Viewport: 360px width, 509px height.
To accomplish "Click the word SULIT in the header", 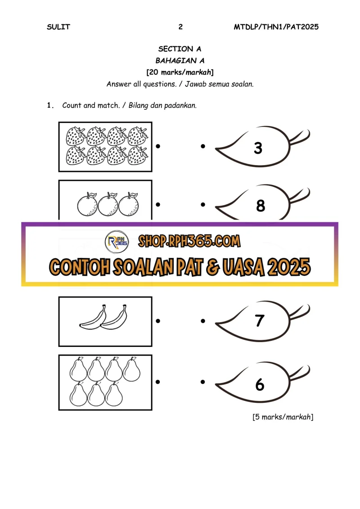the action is coord(58,27).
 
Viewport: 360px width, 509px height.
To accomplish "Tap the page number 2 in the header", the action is coord(180,27).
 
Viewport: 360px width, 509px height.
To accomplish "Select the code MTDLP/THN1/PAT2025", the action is coord(276,27).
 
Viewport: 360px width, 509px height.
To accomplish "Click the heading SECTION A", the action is coord(180,49).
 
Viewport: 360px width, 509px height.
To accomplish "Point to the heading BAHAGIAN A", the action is coord(180,61).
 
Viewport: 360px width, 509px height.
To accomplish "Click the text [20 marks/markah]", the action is coord(180,72).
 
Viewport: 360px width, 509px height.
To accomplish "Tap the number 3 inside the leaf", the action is coord(258,148).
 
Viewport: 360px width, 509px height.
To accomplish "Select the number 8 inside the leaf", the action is coord(261,206).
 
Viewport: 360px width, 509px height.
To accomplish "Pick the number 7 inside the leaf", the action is coord(259,321).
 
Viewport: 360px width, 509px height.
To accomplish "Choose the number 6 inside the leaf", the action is coord(260,385).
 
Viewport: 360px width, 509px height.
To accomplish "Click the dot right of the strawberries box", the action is coord(158,146).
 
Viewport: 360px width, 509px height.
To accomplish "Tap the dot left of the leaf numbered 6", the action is coord(203,382).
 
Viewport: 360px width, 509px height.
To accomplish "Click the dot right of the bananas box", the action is coord(158,321).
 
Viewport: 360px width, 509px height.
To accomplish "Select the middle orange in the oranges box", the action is coord(108,204).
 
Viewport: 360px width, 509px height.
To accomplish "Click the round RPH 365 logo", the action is coord(117,242).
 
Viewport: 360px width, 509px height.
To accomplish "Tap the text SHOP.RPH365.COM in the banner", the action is coord(189,241).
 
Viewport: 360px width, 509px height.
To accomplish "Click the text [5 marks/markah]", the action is coord(283,417).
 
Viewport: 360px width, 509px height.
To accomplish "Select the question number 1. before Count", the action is coord(50,105).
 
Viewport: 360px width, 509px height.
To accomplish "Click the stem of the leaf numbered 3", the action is coord(299,137).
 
